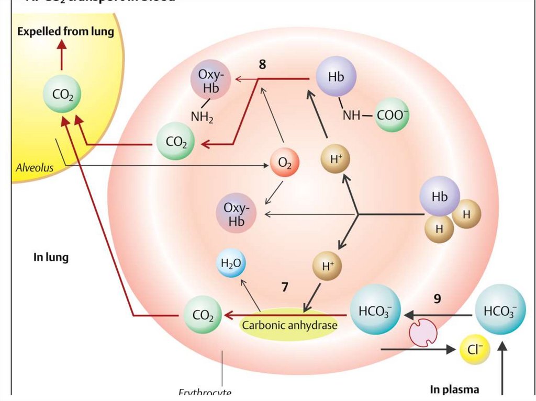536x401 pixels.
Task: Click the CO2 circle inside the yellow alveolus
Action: [x=63, y=95]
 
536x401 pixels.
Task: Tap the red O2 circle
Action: [x=285, y=163]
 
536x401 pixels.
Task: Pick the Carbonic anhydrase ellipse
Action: [x=289, y=325]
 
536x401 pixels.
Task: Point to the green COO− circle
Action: [x=393, y=116]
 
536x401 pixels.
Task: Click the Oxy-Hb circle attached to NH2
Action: [x=211, y=83]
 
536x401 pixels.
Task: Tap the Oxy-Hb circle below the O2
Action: [x=237, y=214]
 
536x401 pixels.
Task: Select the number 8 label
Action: [x=262, y=65]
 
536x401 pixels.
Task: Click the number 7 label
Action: [x=285, y=287]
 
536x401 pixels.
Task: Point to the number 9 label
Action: [x=438, y=299]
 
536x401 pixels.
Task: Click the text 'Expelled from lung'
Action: [x=65, y=31]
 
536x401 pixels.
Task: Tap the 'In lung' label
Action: [x=51, y=257]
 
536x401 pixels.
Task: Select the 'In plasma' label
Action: [x=454, y=389]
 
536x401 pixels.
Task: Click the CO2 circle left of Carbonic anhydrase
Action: [x=203, y=315]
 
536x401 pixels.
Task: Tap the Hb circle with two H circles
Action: [x=440, y=197]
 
